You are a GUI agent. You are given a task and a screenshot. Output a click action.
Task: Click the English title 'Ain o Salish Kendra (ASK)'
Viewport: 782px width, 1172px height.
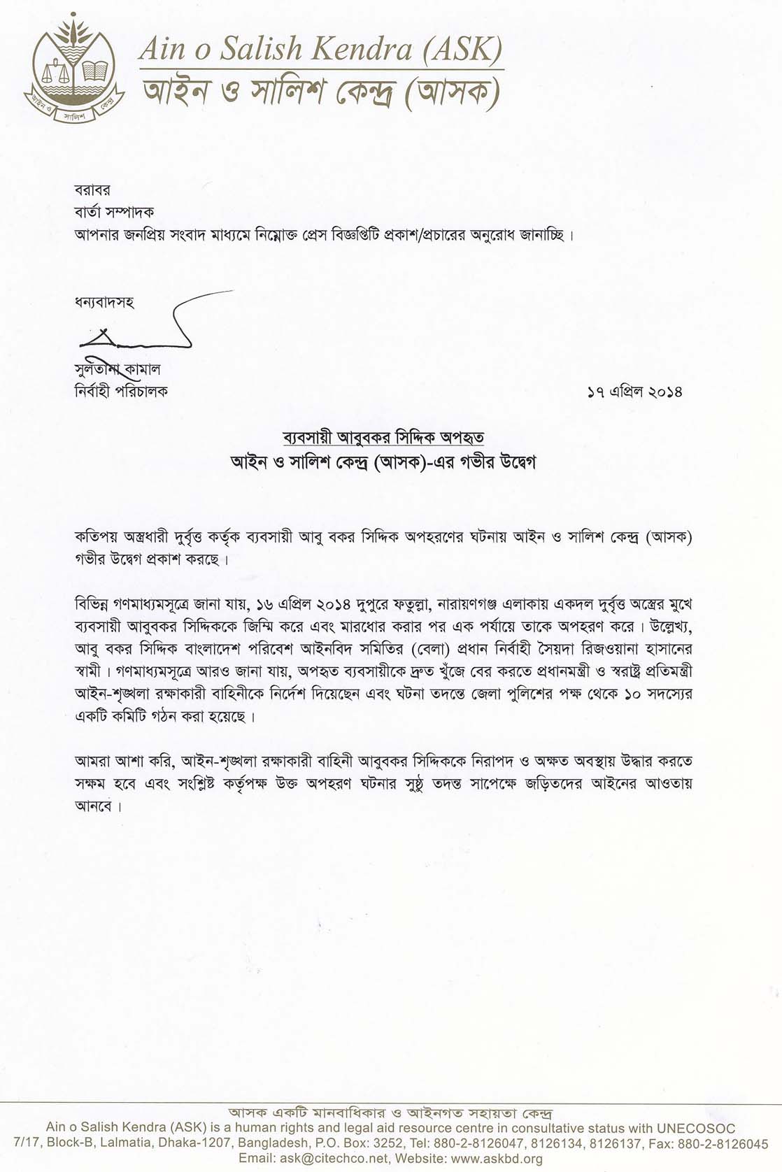pyautogui.click(x=320, y=49)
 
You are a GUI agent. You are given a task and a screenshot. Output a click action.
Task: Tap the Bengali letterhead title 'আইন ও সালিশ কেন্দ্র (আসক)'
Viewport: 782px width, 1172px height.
pyautogui.click(x=320, y=93)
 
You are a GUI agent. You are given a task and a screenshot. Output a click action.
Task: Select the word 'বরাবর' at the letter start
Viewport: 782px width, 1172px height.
pyautogui.click(x=92, y=190)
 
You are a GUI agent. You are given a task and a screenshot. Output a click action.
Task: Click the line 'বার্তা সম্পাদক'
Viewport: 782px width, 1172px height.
pyautogui.click(x=114, y=211)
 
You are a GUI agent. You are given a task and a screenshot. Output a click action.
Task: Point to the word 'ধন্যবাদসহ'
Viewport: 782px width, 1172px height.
pyautogui.click(x=104, y=303)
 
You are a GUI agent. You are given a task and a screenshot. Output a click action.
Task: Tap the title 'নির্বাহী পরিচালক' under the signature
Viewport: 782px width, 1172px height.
pyautogui.click(x=121, y=391)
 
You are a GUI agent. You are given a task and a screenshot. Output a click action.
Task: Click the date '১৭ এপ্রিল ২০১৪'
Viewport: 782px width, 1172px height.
pyautogui.click(x=634, y=392)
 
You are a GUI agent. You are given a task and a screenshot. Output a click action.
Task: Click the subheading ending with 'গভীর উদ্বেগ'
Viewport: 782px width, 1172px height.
pyautogui.click(x=383, y=462)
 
